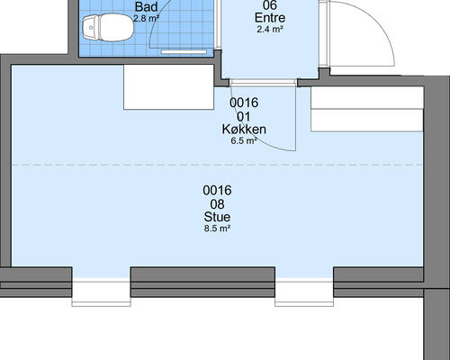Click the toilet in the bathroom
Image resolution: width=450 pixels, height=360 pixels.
(x=108, y=28)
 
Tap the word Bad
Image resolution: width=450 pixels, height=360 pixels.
(x=146, y=6)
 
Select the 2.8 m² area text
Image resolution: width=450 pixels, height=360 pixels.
(x=146, y=19)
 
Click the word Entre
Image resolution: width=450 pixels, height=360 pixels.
(x=270, y=18)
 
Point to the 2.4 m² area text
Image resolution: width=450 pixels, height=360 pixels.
(x=270, y=30)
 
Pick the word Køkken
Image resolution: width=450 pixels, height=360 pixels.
(x=244, y=130)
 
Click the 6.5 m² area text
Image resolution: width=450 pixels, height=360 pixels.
(x=244, y=140)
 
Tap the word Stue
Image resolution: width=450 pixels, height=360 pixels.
(x=217, y=217)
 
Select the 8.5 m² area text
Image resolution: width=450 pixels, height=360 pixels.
(x=217, y=229)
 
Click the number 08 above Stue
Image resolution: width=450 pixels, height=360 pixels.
(x=217, y=204)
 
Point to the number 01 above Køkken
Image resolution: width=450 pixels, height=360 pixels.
(x=244, y=116)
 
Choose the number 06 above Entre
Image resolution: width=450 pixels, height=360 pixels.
(x=270, y=5)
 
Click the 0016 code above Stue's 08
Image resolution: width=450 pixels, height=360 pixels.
(x=217, y=190)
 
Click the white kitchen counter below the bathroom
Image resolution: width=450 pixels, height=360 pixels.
(x=169, y=87)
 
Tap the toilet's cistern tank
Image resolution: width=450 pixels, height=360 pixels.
(x=90, y=28)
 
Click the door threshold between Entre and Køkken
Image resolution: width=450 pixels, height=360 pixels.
(x=264, y=83)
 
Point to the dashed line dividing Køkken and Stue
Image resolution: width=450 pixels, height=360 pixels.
(x=217, y=165)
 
